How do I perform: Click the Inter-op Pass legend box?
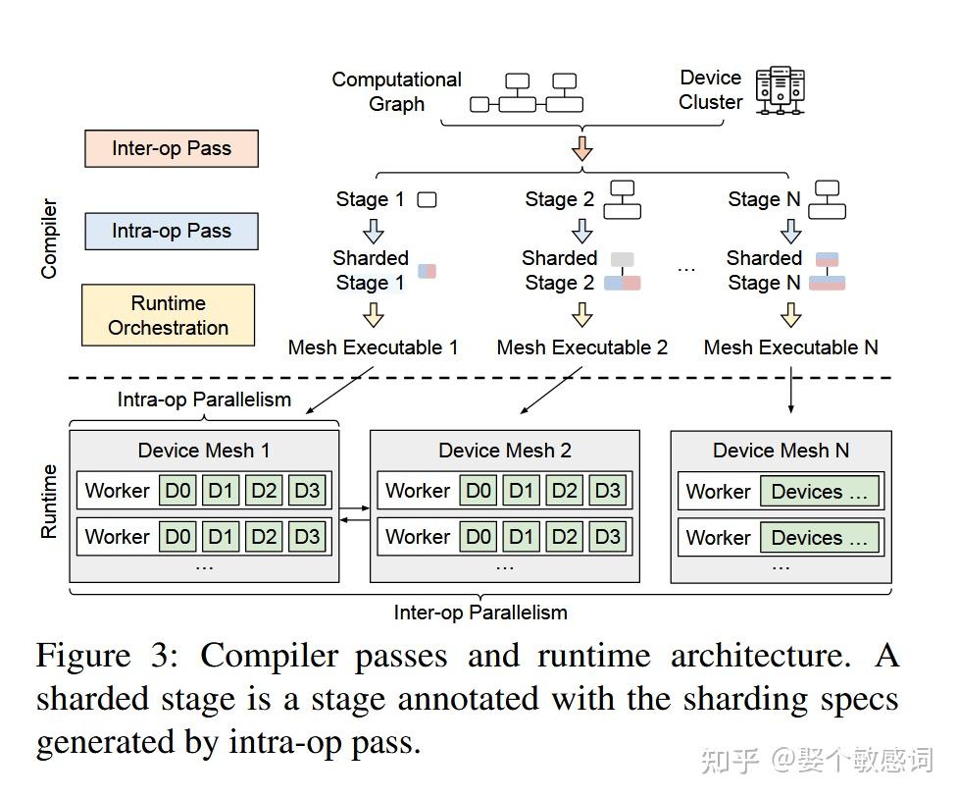[x=172, y=149]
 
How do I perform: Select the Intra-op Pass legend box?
[x=172, y=232]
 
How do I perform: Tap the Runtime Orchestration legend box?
[x=168, y=315]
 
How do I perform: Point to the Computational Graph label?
[x=396, y=91]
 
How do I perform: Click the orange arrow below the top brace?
[x=582, y=148]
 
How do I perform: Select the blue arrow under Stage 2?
[x=582, y=231]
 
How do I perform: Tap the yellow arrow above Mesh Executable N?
[x=791, y=315]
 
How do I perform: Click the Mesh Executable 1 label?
[x=373, y=347]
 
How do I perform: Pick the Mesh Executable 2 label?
[x=582, y=347]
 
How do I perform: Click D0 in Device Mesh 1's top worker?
[x=178, y=491]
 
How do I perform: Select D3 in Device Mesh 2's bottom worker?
[x=608, y=537]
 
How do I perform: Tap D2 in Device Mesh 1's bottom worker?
[x=264, y=537]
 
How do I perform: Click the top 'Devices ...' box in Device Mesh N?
[x=819, y=492]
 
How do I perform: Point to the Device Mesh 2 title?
[x=504, y=451]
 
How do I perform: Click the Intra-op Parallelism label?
[x=204, y=399]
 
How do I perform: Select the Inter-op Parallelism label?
[x=480, y=613]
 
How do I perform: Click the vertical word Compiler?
[x=49, y=239]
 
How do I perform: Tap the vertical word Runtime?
[x=49, y=501]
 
